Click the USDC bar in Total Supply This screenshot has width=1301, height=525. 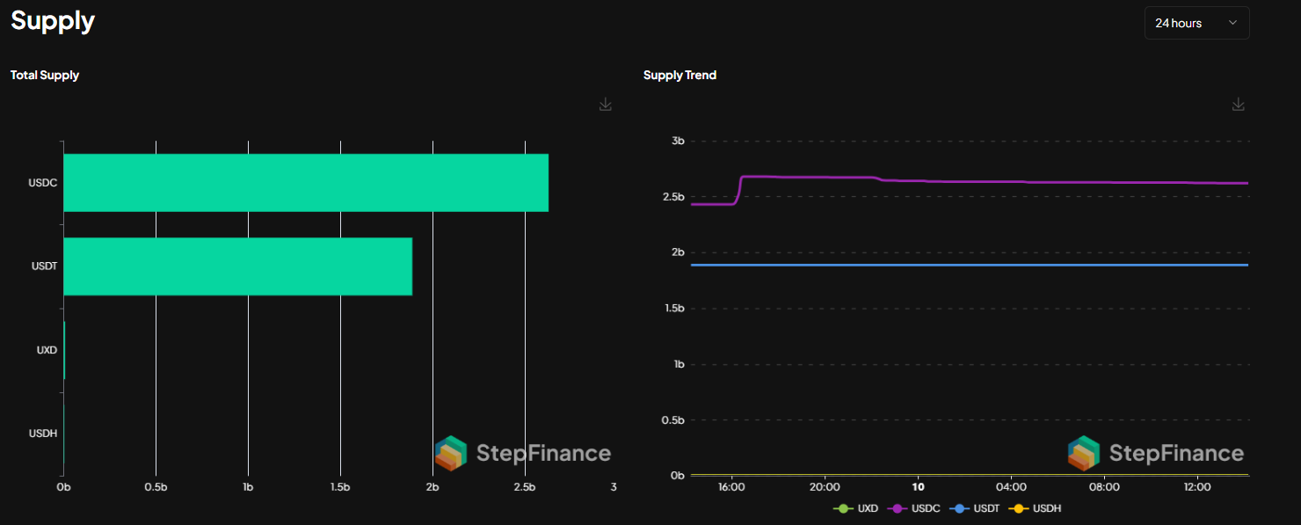(306, 183)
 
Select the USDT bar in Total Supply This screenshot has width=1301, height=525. (237, 266)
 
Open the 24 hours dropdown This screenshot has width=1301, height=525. (1196, 23)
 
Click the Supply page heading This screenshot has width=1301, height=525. (53, 21)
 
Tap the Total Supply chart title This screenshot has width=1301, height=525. (45, 76)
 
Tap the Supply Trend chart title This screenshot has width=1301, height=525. (680, 76)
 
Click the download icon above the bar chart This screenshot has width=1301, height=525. (606, 105)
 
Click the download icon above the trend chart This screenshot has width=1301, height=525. (1239, 105)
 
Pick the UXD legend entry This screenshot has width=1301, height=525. (857, 508)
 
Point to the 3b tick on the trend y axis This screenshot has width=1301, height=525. (677, 141)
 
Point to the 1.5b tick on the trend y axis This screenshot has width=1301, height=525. (673, 309)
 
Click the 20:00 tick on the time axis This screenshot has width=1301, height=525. (825, 486)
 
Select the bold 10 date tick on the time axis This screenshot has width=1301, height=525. (918, 486)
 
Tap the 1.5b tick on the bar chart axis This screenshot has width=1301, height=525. (340, 487)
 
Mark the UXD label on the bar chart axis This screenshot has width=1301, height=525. (47, 350)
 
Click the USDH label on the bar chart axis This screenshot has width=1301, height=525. (43, 434)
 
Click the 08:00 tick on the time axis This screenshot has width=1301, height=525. (1104, 486)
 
